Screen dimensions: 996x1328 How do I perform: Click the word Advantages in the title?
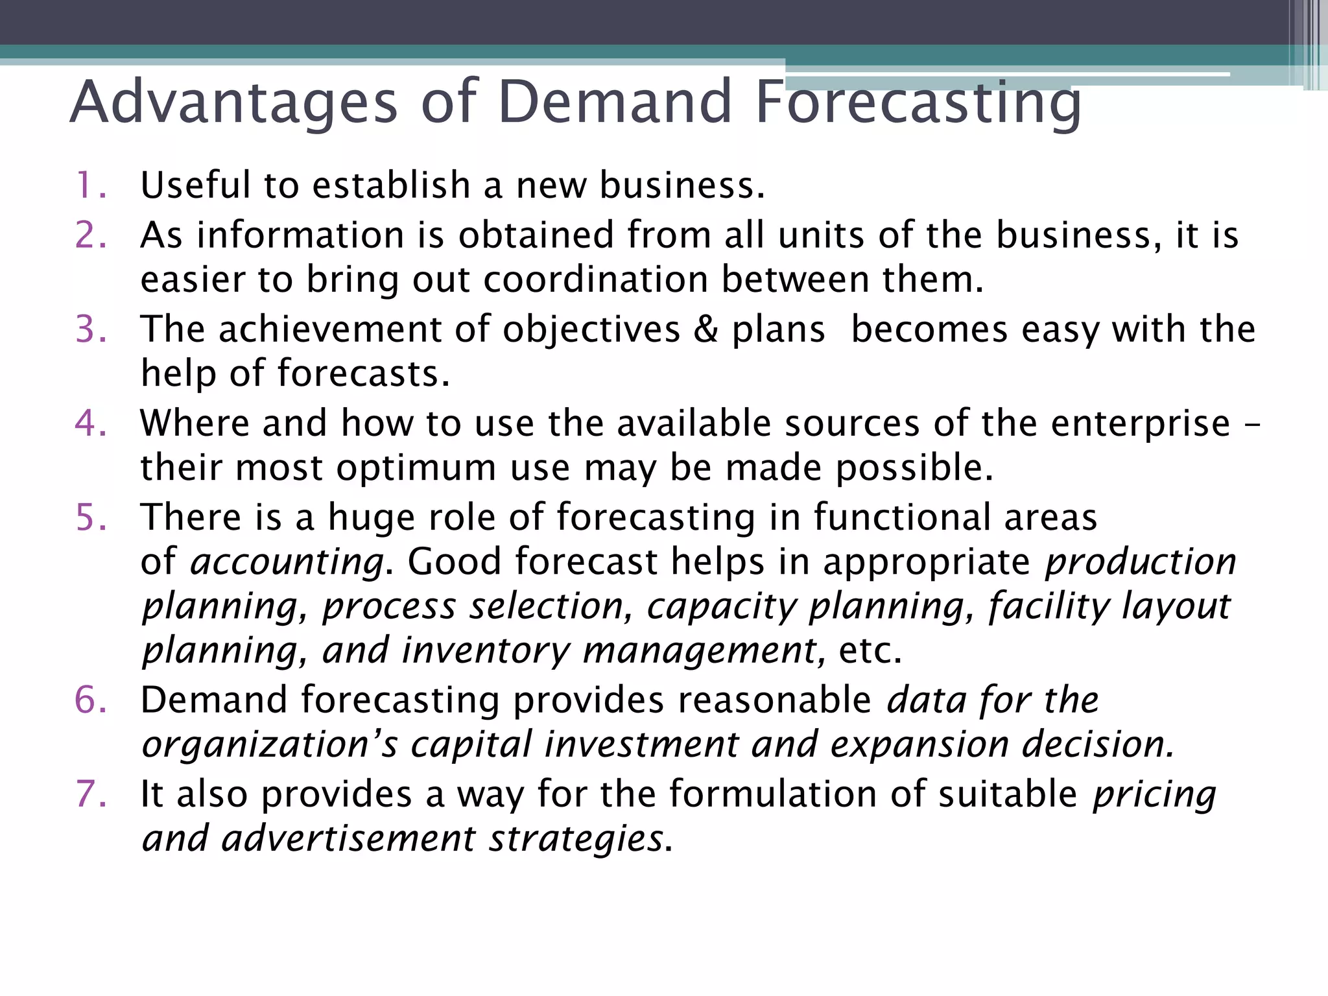(233, 102)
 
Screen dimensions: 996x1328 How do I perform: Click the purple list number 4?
(90, 423)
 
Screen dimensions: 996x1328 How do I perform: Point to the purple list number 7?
(90, 794)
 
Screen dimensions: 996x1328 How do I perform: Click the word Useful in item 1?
(195, 185)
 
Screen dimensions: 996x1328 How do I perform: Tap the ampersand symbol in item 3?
(705, 329)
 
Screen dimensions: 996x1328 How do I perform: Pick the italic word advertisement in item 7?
(348, 838)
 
